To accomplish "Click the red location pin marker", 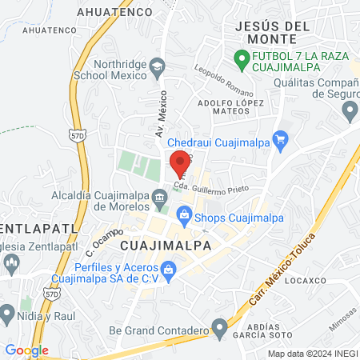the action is coord(180,162).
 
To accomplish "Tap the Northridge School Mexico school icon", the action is coord(158,67).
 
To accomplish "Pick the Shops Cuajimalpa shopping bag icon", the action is coord(185,214).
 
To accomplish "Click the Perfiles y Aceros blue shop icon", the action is coord(169,270).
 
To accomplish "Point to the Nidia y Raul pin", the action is coord(8,313).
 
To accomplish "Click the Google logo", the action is coord(26,350).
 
